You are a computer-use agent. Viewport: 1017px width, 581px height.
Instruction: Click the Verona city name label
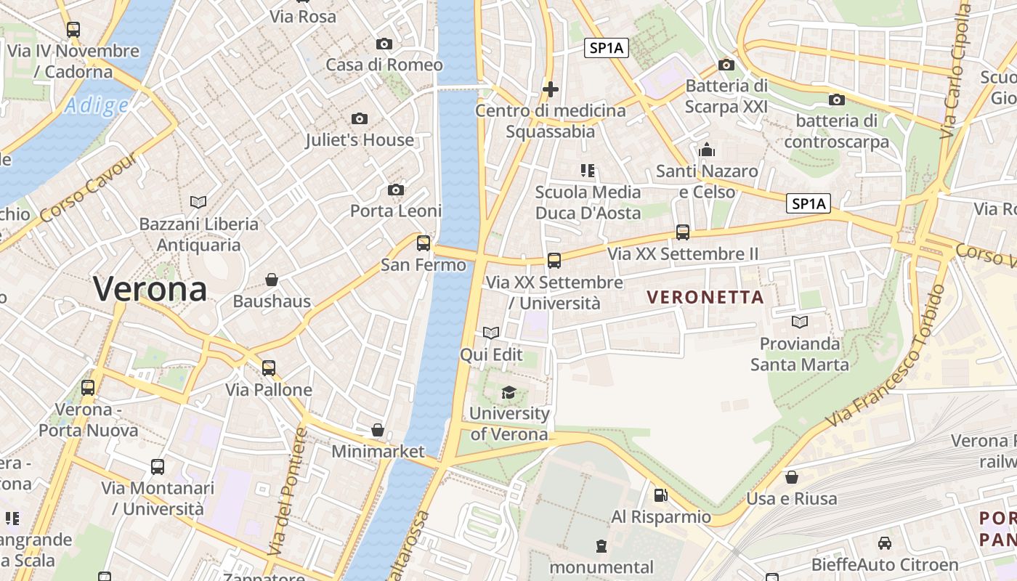point(150,290)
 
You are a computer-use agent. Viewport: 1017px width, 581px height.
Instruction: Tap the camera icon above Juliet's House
point(359,118)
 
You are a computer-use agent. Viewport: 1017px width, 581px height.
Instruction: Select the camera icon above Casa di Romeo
point(384,44)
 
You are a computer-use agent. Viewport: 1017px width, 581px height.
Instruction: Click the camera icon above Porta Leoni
point(396,190)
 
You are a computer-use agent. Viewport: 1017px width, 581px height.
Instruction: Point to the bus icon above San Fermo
point(424,243)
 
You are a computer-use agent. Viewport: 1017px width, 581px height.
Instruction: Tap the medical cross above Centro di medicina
point(551,90)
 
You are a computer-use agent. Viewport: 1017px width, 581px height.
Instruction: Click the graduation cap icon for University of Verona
point(508,392)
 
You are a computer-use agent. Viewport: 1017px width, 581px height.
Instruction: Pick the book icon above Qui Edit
point(491,333)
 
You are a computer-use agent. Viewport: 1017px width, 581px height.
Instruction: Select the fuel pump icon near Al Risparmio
point(660,495)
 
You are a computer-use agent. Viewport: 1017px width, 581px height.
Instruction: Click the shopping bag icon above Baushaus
point(272,280)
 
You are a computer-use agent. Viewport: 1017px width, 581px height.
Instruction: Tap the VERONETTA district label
point(705,297)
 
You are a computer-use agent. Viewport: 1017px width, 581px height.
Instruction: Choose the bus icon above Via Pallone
point(269,368)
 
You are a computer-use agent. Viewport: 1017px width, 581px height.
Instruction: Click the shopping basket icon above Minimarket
point(378,430)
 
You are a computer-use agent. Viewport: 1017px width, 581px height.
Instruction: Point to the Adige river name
point(96,106)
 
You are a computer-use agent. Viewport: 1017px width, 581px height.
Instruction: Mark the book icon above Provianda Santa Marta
point(800,322)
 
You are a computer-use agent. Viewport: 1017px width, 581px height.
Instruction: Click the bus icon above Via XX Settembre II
point(683,232)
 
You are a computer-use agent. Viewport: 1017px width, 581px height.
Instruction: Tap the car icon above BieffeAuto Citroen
point(885,543)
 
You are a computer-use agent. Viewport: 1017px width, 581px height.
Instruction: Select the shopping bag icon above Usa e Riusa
point(792,477)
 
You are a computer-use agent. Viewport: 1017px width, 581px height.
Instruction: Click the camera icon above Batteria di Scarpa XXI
point(726,65)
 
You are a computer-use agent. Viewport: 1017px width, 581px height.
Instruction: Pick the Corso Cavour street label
point(89,189)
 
